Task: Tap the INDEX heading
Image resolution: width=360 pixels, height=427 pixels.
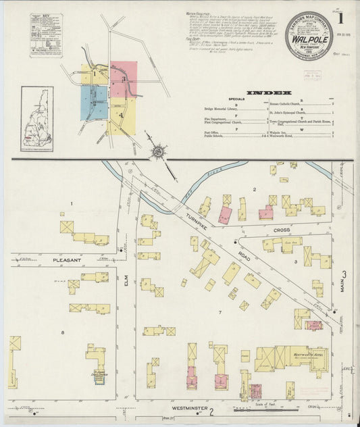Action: (269, 93)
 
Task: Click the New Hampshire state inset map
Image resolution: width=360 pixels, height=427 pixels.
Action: (36, 118)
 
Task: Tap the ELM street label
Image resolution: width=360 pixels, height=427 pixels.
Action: (126, 288)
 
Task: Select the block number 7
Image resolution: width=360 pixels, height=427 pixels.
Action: (220, 312)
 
